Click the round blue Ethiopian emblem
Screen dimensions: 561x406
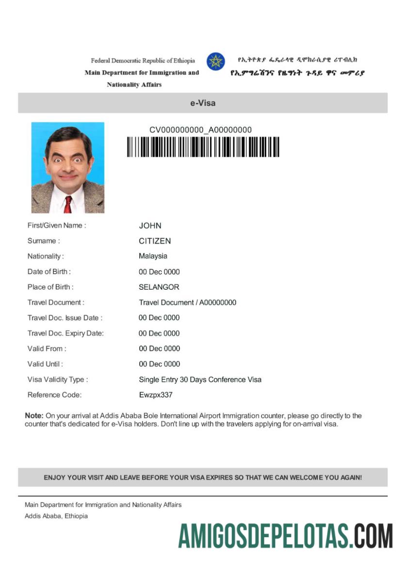click(x=215, y=62)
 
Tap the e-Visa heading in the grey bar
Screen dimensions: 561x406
click(x=203, y=103)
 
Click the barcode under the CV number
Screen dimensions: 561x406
click(x=203, y=147)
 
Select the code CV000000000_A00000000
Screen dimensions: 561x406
click(x=200, y=130)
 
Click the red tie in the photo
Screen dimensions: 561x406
click(x=68, y=204)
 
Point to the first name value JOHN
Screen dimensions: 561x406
click(x=150, y=226)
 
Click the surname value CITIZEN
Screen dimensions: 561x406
click(x=155, y=241)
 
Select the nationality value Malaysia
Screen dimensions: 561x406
click(x=153, y=256)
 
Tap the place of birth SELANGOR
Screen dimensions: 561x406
click(x=159, y=287)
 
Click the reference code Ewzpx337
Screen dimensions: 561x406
click(x=155, y=395)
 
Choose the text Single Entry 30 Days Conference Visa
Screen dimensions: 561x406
click(x=200, y=379)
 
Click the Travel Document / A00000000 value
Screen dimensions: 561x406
click(x=187, y=303)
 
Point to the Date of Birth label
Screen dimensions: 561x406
click(x=49, y=272)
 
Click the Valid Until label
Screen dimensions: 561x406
click(x=45, y=364)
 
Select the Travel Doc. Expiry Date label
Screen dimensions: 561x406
click(x=65, y=333)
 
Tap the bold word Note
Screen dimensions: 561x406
click(x=33, y=416)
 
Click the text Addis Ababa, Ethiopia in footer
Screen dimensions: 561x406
click(x=56, y=516)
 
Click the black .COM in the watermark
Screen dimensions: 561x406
click(x=371, y=536)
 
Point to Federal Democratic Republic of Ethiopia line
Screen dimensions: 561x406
click(x=143, y=61)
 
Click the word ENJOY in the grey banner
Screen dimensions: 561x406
click(x=54, y=478)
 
